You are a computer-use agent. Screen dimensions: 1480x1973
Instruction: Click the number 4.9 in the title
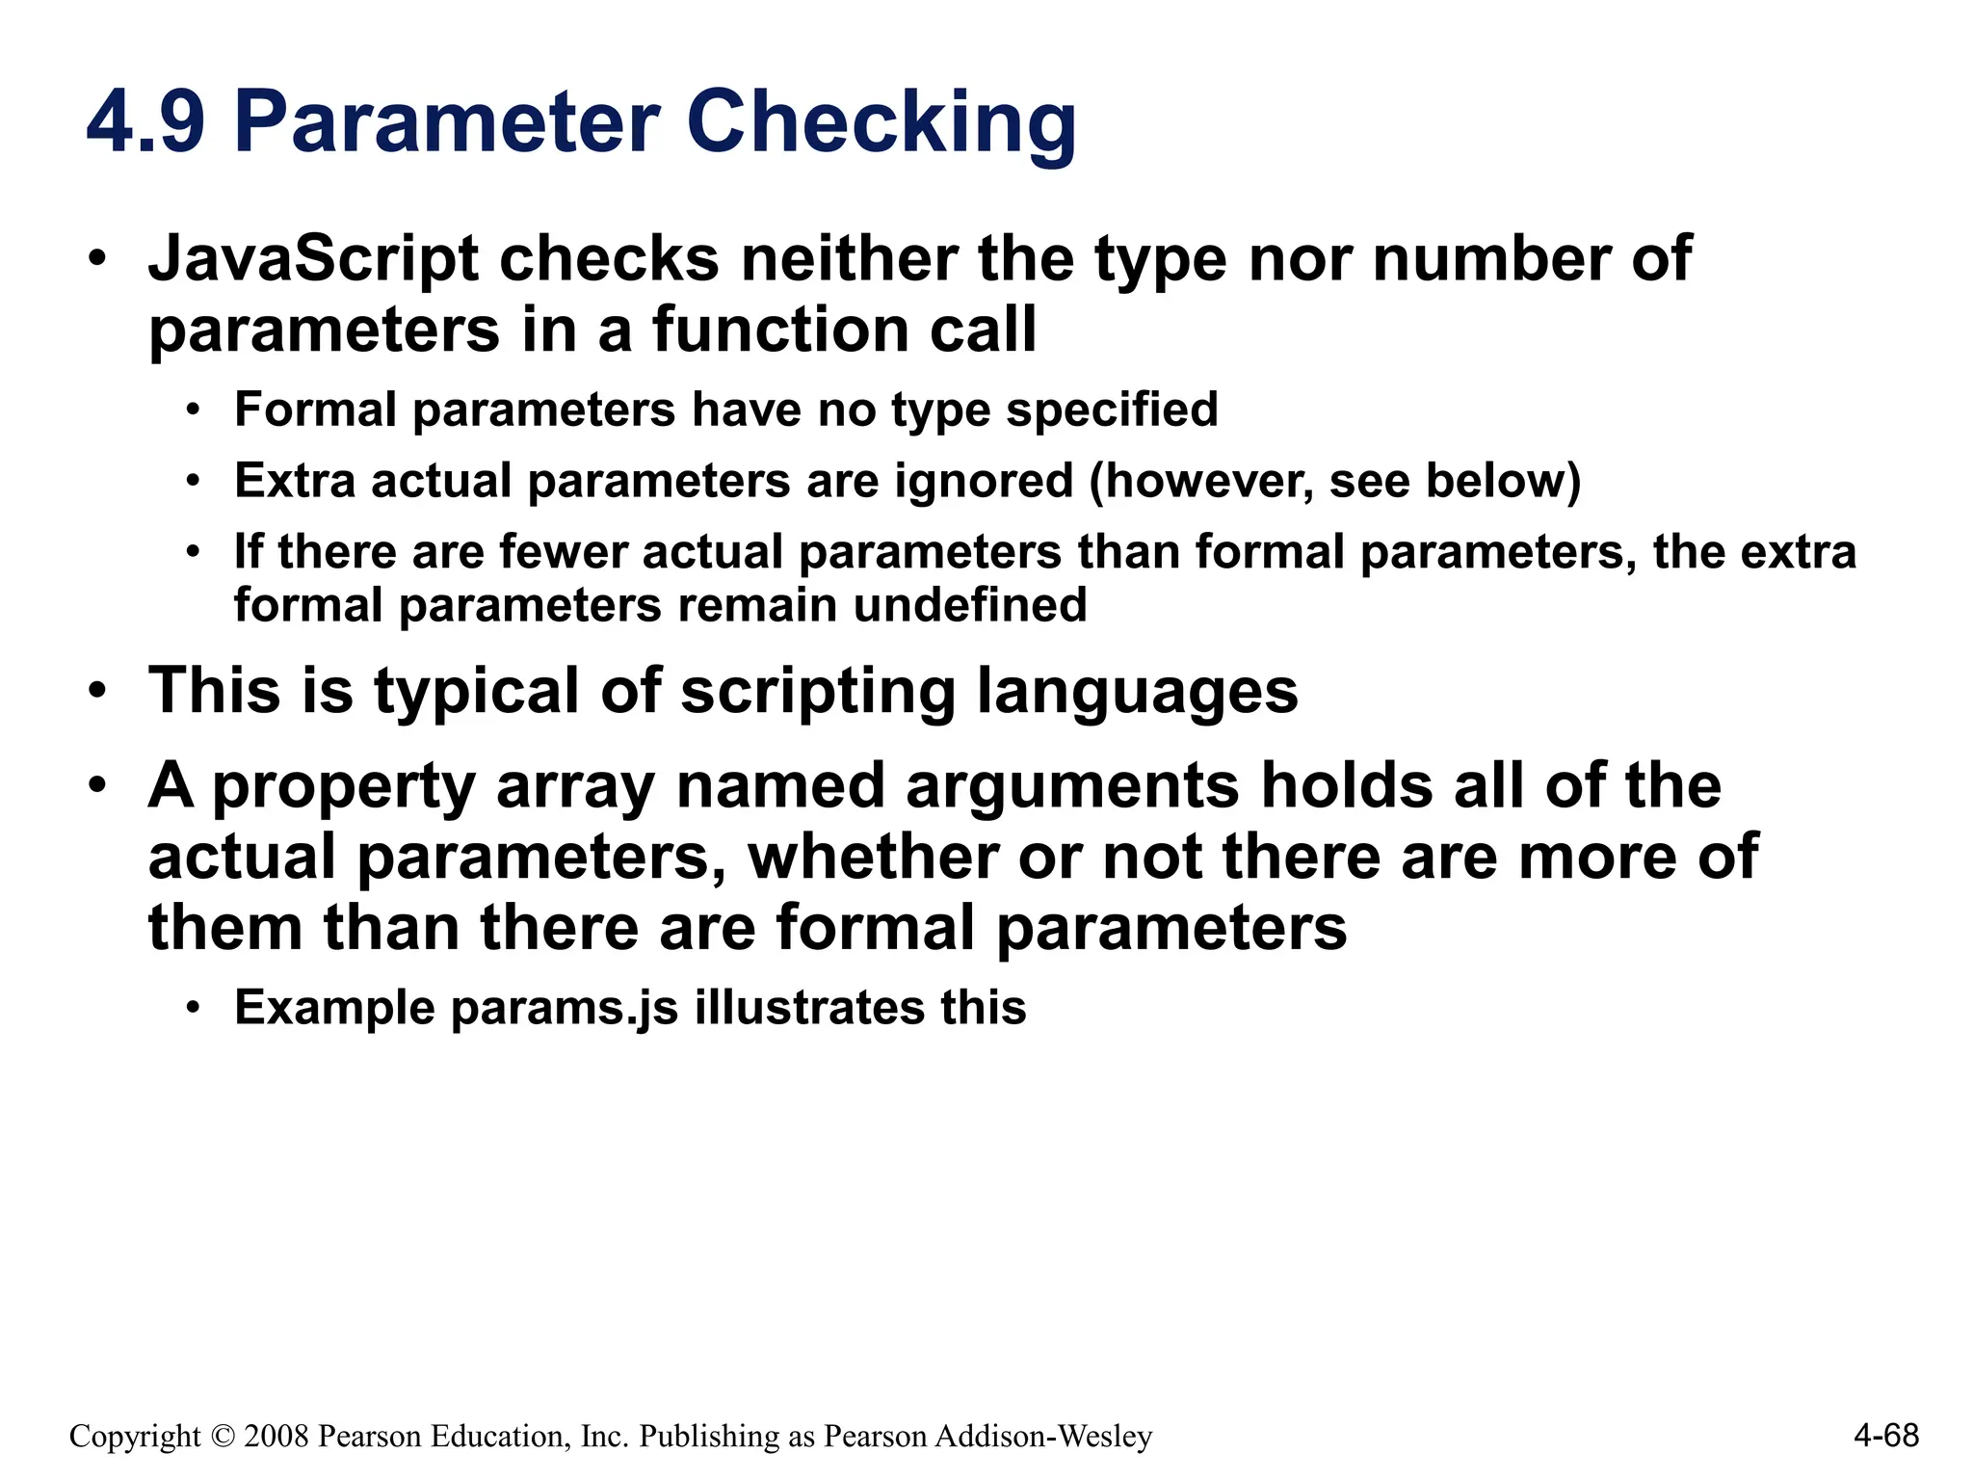tap(145, 122)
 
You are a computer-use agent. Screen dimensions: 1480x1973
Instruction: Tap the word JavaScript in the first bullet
tap(313, 259)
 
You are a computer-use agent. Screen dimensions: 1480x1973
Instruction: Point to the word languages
tap(1137, 691)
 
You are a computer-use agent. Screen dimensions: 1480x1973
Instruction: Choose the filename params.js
tap(564, 1008)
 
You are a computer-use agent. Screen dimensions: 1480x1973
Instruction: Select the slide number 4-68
tap(1885, 1436)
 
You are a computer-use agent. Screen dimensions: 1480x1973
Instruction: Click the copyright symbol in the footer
tap(222, 1437)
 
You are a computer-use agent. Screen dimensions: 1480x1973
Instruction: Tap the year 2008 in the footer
tap(276, 1437)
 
